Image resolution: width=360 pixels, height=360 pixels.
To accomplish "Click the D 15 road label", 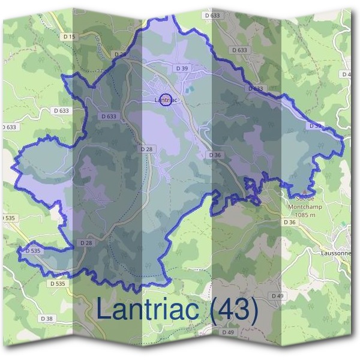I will click(x=70, y=37).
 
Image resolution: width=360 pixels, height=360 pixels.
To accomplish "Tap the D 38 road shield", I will click(x=47, y=318).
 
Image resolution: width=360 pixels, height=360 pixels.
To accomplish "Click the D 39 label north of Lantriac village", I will click(x=182, y=69).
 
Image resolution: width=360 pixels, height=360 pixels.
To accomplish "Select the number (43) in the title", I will click(x=235, y=310).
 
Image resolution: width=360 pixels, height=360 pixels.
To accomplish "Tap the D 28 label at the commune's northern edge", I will click(x=120, y=54).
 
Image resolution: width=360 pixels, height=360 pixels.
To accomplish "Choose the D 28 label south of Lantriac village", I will click(x=146, y=149).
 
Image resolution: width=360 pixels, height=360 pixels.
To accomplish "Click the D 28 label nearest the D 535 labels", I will click(x=85, y=243).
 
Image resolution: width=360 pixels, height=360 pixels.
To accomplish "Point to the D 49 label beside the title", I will click(x=277, y=296).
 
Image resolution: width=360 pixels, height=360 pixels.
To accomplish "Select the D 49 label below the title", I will click(x=228, y=332).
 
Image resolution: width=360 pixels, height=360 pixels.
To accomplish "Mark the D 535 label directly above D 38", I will click(x=58, y=283).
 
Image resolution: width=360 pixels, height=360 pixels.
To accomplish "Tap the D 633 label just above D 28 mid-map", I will click(x=109, y=116).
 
